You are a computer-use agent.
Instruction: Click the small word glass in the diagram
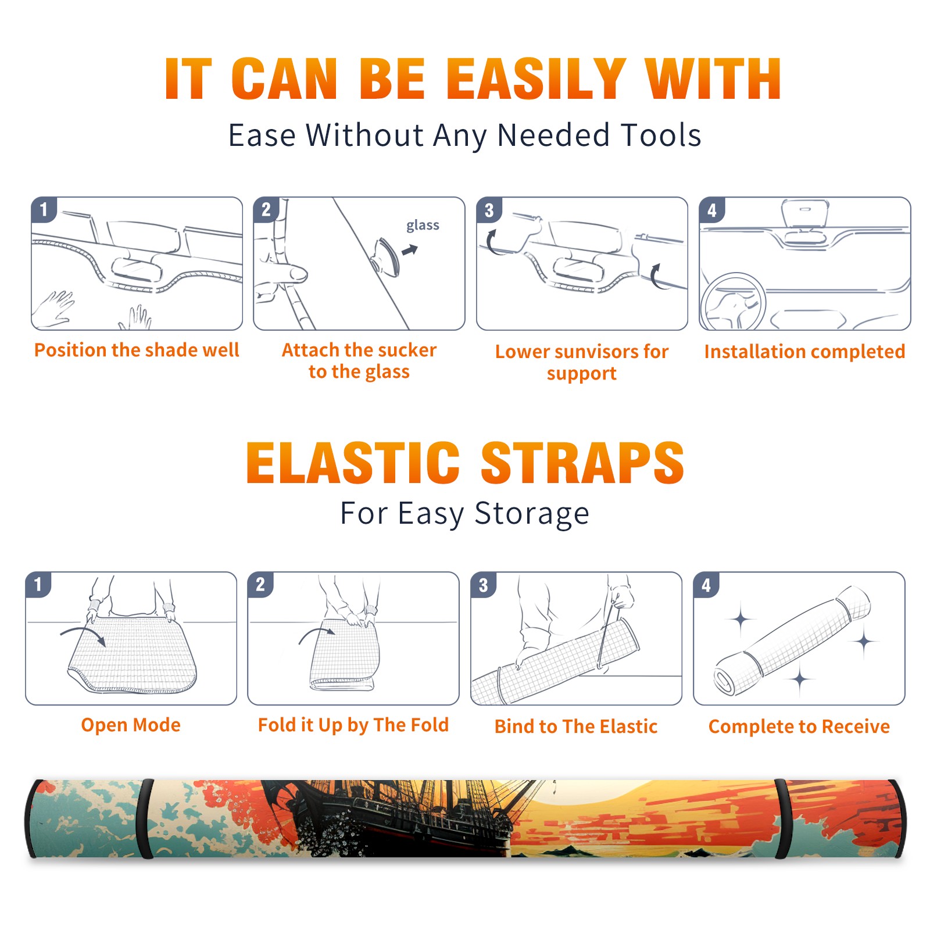(x=423, y=225)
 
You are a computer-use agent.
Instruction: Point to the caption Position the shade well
(x=137, y=350)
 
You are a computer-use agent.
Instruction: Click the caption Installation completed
(x=804, y=352)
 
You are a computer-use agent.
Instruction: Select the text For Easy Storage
(x=464, y=514)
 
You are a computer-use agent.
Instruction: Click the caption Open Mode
(x=131, y=725)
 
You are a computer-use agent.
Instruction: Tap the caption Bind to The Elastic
(x=575, y=727)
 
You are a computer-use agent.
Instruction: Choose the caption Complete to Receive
(x=799, y=727)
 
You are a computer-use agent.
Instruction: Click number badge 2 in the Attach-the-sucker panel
(x=266, y=209)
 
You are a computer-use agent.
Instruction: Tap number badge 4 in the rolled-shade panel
(x=706, y=585)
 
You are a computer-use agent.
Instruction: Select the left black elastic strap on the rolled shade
(x=146, y=818)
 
